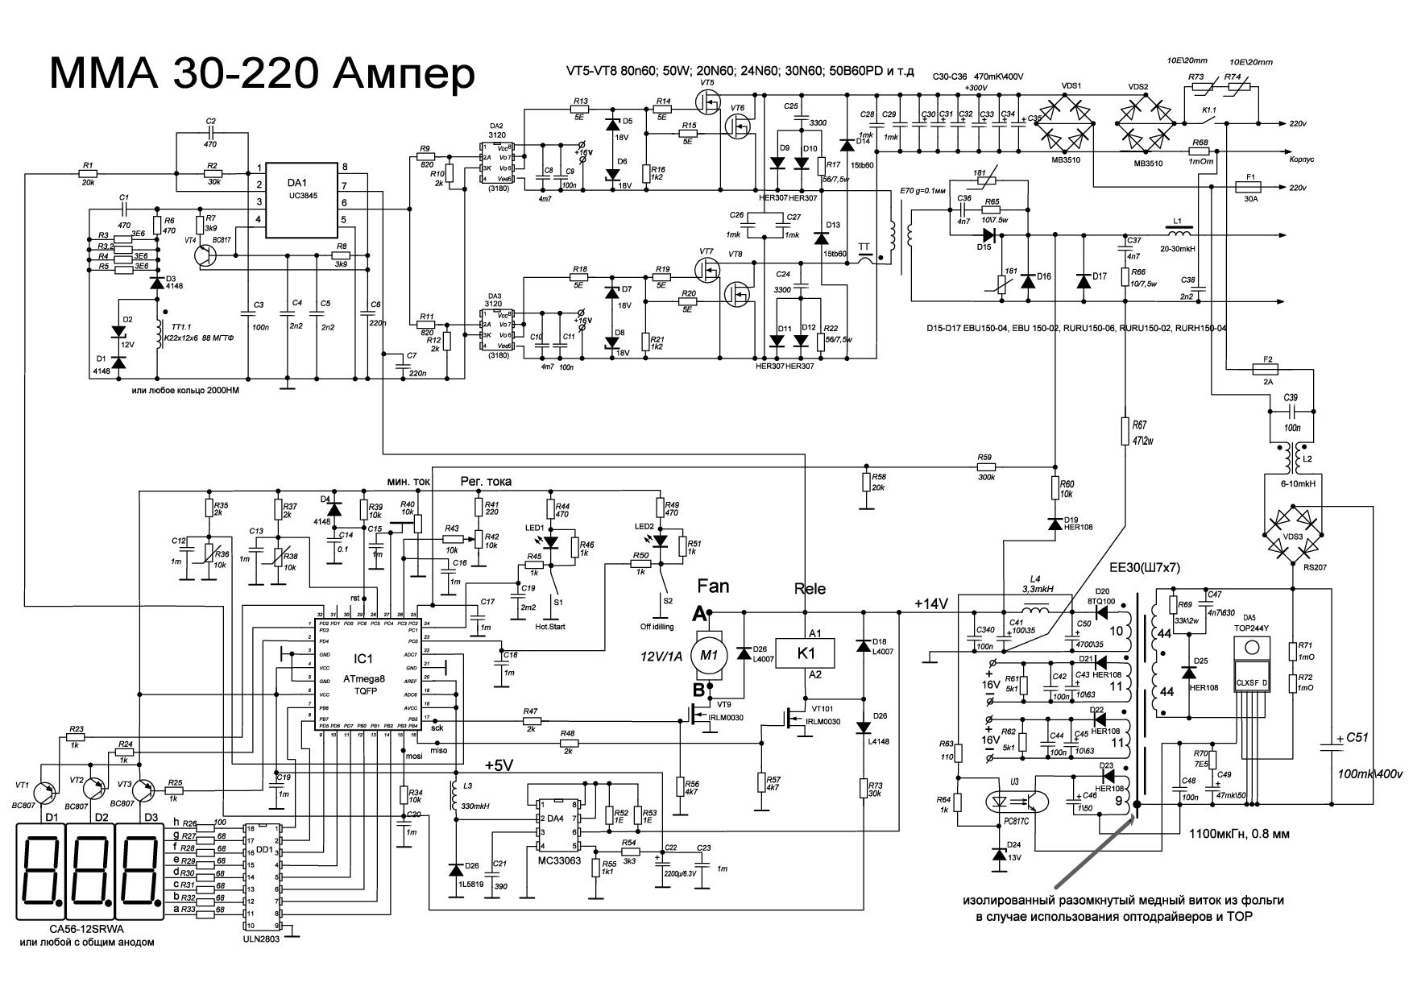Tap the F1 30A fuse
pos(1250,188)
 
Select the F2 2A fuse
pos(1268,370)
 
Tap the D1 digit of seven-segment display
pos(41,872)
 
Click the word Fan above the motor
pos(713,586)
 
